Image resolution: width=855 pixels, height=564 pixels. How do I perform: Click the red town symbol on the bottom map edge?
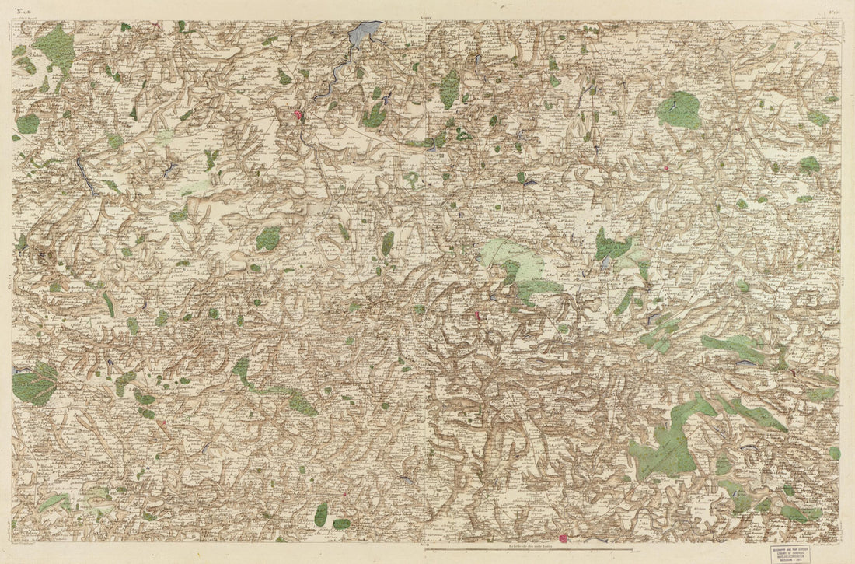[564, 538]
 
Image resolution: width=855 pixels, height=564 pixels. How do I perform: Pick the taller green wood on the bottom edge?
[321, 514]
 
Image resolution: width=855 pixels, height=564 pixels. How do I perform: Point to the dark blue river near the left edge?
[85, 175]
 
